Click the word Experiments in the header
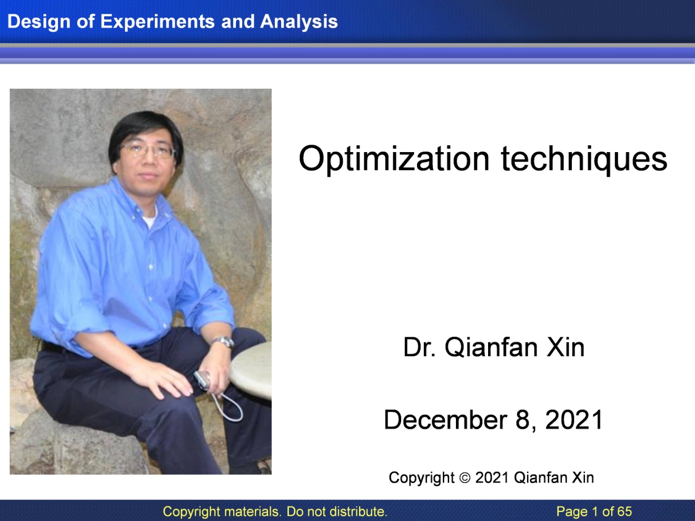tap(157, 22)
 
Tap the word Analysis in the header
tap(299, 21)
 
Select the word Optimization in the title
tap(394, 159)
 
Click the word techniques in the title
tap(584, 159)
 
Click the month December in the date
tap(446, 420)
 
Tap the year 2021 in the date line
tap(574, 420)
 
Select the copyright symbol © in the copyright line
tap(464, 478)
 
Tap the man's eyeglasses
tap(147, 152)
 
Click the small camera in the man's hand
tap(202, 379)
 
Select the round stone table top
tap(251, 370)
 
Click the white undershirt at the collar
tap(150, 218)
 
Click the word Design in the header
tap(38, 22)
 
